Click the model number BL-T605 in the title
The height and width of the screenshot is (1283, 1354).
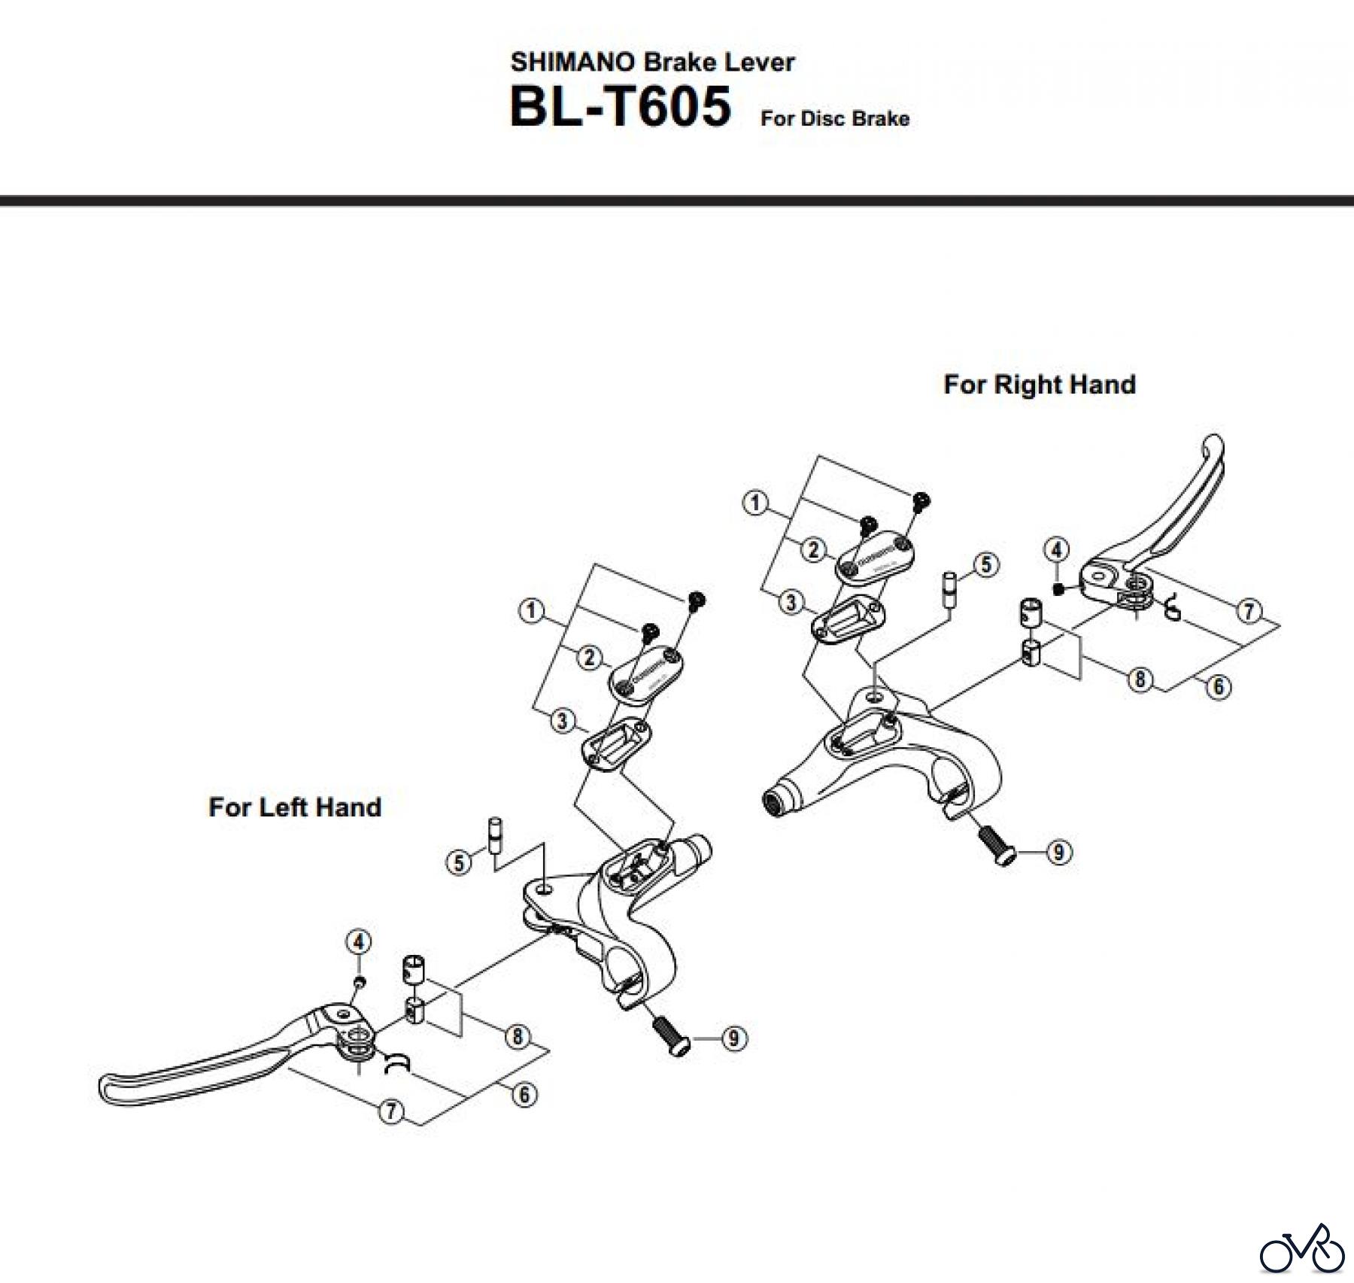pyautogui.click(x=620, y=107)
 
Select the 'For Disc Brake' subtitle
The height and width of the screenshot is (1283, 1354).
pyautogui.click(x=834, y=119)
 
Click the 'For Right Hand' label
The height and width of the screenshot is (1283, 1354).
pyautogui.click(x=1039, y=385)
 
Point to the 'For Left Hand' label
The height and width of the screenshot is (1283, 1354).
pyautogui.click(x=295, y=807)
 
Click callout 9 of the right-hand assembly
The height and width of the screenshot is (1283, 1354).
pyautogui.click(x=1058, y=853)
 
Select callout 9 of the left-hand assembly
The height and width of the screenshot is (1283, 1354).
pyautogui.click(x=733, y=1039)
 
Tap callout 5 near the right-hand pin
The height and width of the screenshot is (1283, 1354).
pyautogui.click(x=986, y=564)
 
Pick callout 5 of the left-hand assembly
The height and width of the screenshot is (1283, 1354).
pyautogui.click(x=459, y=862)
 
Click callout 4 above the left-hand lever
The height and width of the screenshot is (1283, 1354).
pyautogui.click(x=359, y=941)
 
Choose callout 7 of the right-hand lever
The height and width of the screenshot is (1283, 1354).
pyautogui.click(x=1249, y=610)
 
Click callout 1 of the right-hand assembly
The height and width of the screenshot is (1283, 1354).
pyautogui.click(x=755, y=503)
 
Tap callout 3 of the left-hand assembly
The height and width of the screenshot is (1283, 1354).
pyautogui.click(x=562, y=721)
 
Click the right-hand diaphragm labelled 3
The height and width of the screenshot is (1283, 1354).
pyautogui.click(x=848, y=619)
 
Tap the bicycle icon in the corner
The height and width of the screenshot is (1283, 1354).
pyautogui.click(x=1302, y=1247)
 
